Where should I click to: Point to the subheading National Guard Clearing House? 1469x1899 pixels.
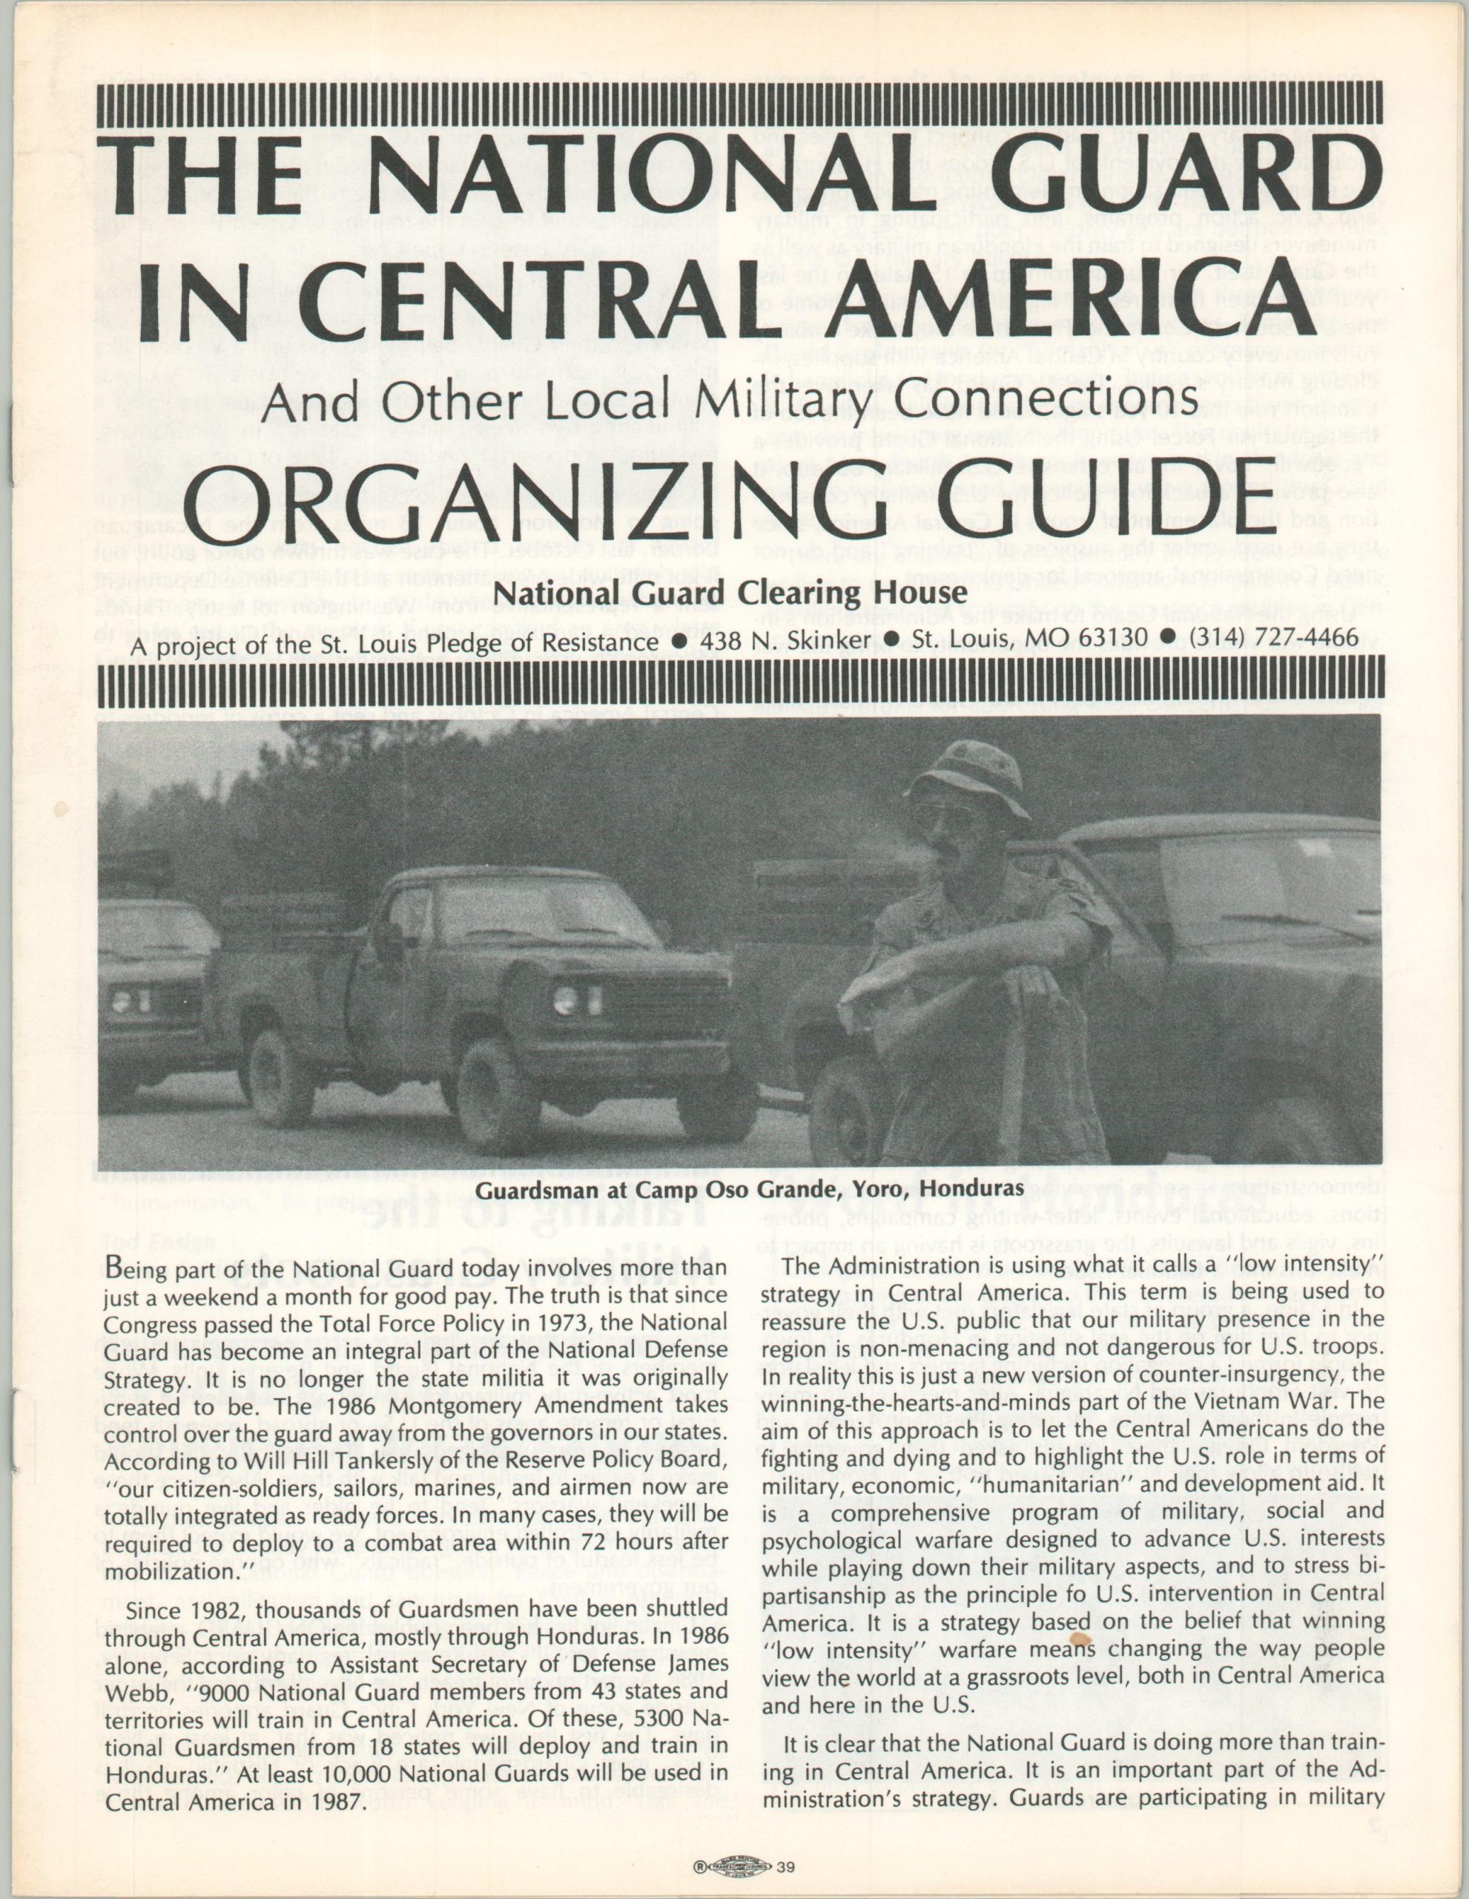[x=731, y=594]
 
